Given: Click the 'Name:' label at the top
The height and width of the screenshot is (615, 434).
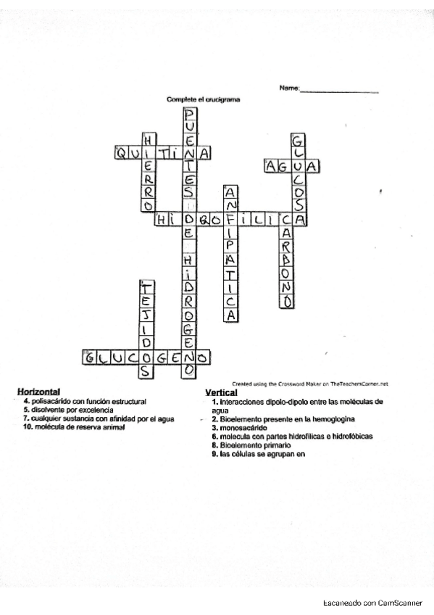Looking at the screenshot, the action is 289,88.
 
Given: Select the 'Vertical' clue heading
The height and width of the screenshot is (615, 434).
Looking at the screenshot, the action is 221,392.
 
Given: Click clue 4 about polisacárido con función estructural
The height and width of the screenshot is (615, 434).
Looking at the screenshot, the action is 85,401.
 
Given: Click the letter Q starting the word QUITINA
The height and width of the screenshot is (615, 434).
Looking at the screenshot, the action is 120,153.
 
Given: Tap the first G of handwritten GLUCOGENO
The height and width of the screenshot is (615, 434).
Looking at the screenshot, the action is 90,358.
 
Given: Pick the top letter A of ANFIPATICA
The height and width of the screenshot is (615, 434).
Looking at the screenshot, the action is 230,194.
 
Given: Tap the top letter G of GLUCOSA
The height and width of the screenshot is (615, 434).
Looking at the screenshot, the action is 298,140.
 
